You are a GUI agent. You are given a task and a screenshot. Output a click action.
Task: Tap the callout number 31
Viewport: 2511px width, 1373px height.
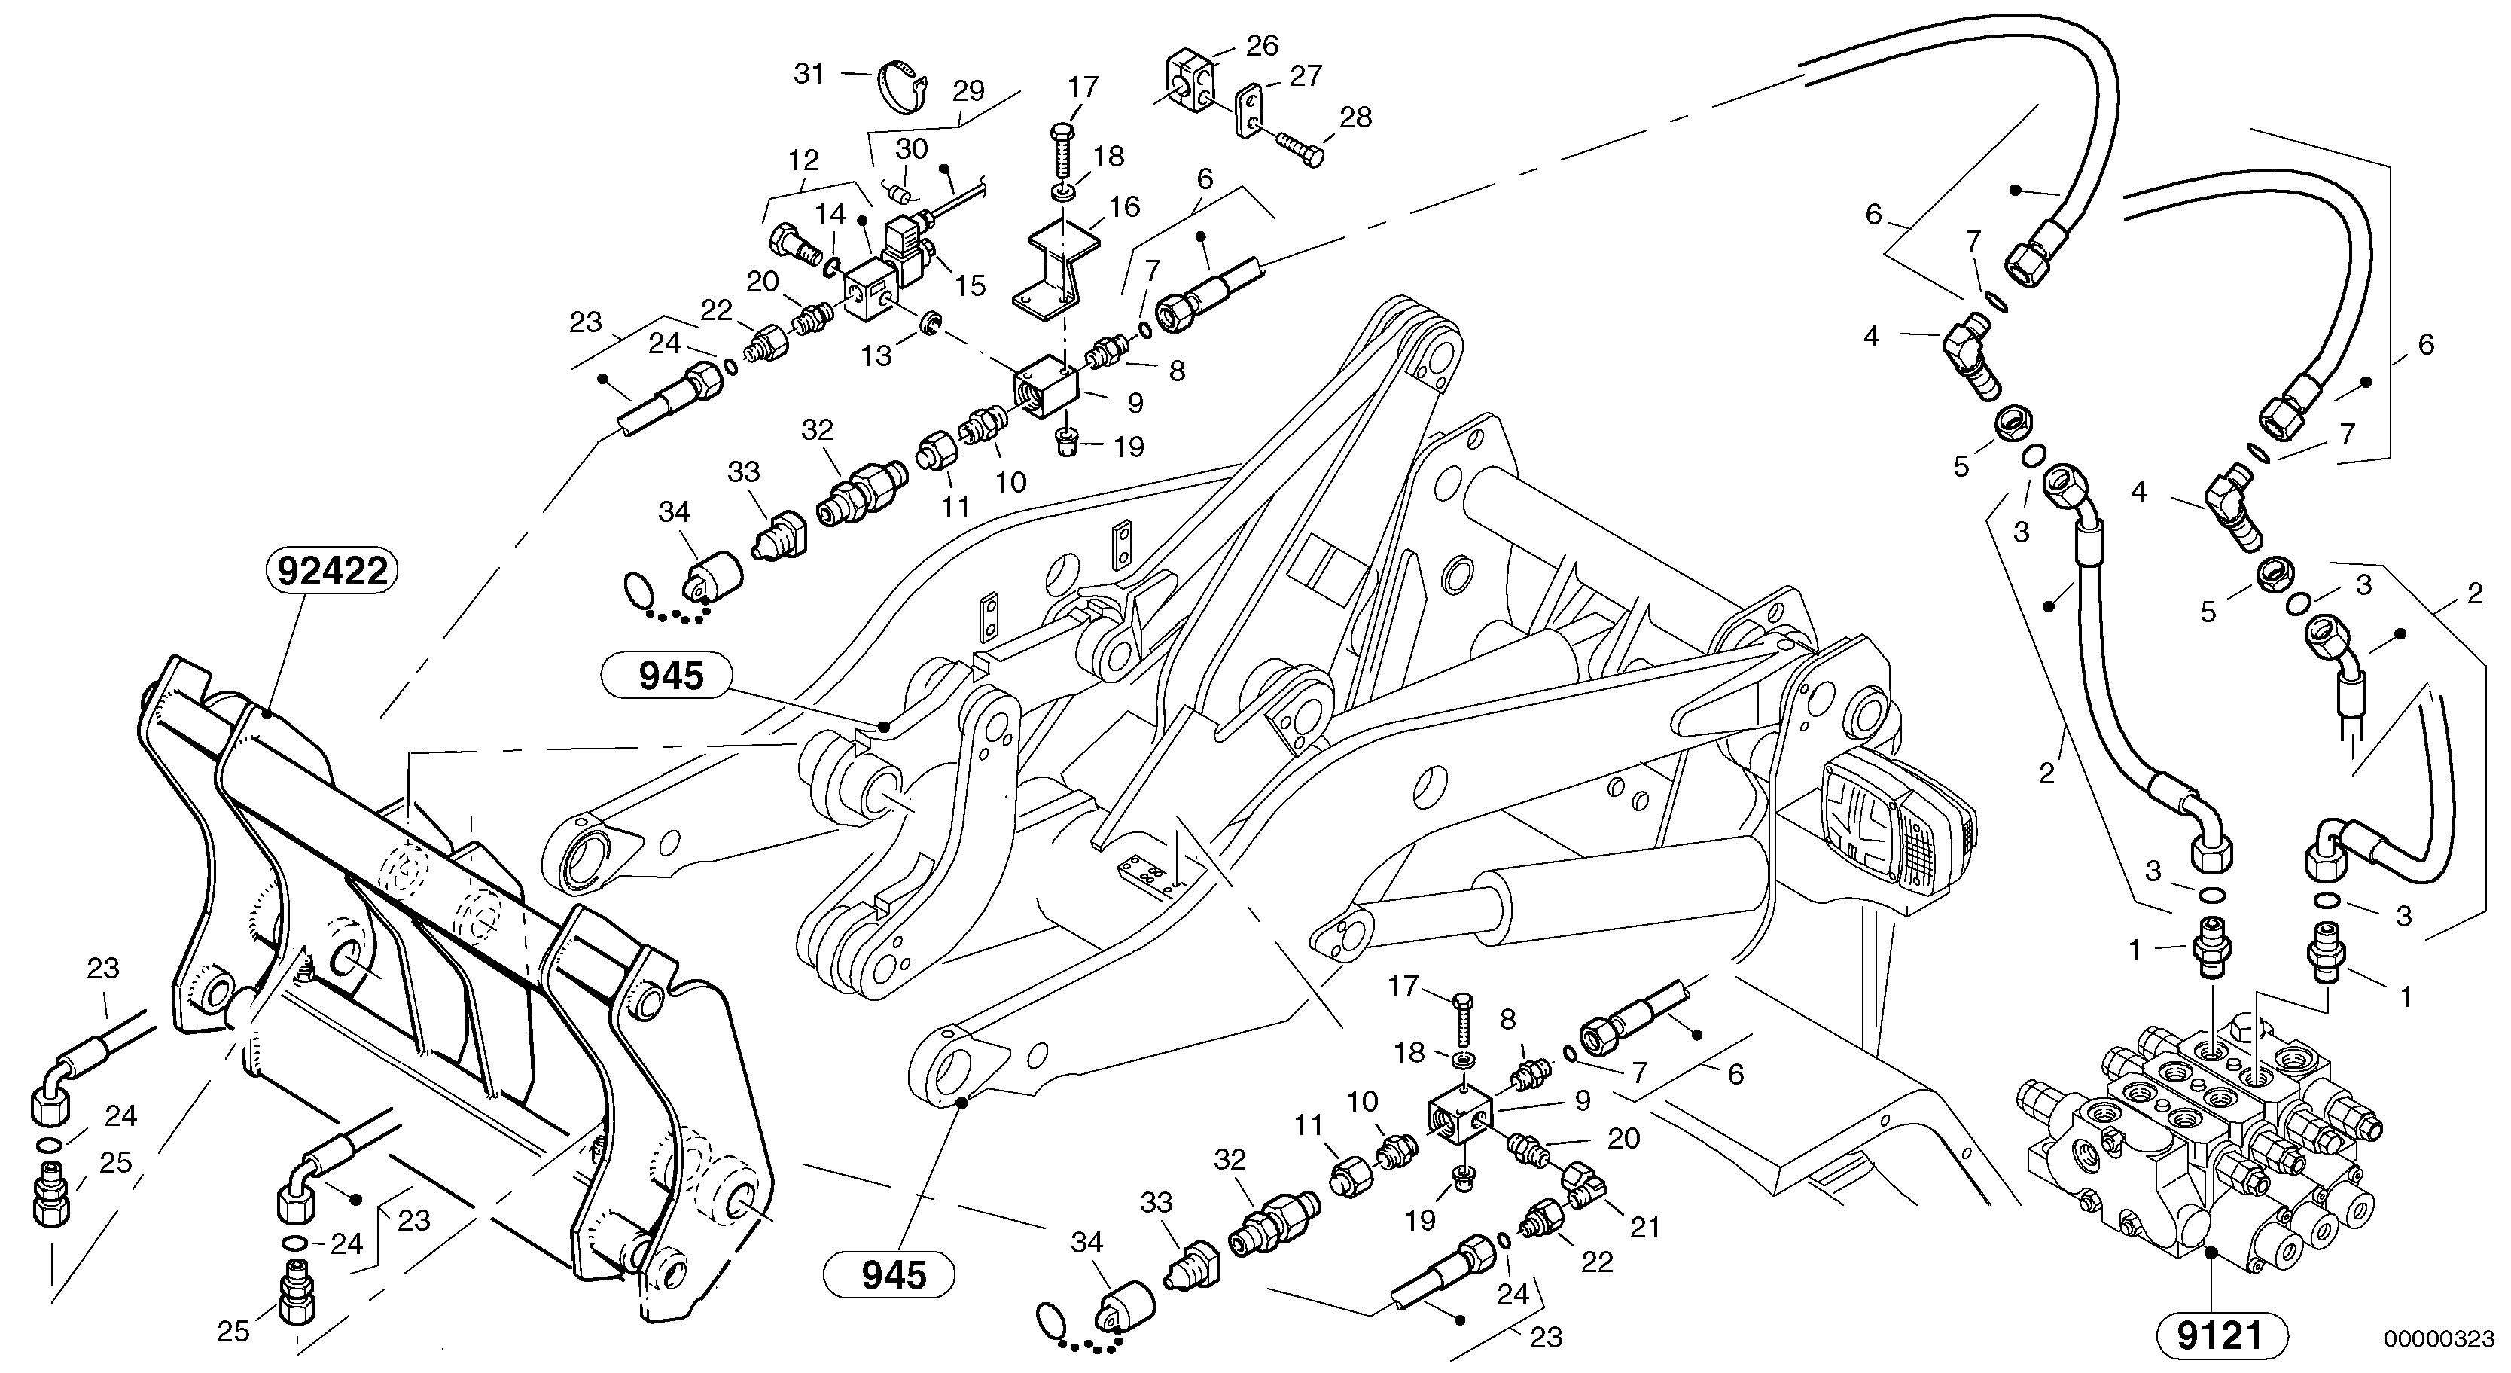809,74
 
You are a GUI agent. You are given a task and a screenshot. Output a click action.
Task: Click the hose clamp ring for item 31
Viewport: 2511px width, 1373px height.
900,81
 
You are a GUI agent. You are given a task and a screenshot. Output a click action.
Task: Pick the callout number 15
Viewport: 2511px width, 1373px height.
970,285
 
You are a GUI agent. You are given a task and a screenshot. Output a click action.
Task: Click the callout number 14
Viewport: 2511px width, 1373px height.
830,215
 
